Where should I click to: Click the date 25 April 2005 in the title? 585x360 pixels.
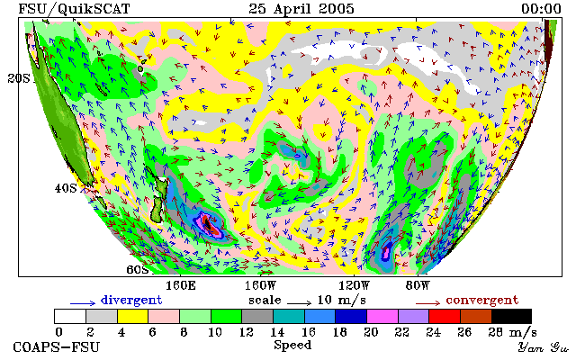coord(301,9)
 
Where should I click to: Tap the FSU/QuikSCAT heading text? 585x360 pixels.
coord(74,9)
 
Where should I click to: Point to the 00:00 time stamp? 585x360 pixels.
coord(541,9)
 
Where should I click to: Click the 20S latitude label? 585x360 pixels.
coord(19,78)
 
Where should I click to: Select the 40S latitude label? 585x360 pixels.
coord(66,188)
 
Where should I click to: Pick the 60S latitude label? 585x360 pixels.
coord(137,269)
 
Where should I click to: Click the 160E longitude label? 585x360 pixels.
coord(181,286)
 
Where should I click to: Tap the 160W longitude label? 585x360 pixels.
coord(260,286)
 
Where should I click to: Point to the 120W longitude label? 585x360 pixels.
coord(354,286)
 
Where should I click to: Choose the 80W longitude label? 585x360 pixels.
coord(418,286)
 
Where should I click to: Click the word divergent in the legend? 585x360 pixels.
coord(131,301)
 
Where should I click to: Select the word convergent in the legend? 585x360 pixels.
coord(482,301)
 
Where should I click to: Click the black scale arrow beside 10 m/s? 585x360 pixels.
coord(299,303)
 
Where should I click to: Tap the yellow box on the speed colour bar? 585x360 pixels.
coord(132,317)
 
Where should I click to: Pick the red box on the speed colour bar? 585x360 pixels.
coord(445,317)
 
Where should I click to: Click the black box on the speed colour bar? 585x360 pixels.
coord(511,317)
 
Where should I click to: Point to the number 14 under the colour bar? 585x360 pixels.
coord(277,332)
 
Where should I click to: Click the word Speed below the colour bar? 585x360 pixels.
coord(292,345)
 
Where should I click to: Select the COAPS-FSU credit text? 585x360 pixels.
coord(57,347)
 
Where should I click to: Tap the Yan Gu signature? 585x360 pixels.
coord(544,347)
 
